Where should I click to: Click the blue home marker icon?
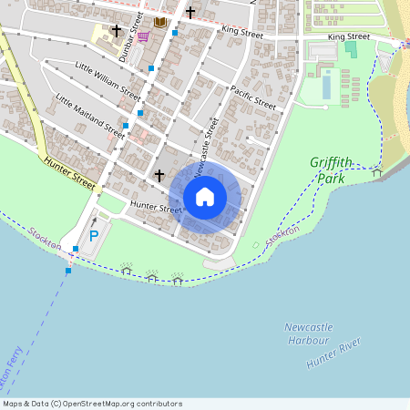205,196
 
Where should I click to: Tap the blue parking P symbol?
94,237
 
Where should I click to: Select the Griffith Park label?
331,170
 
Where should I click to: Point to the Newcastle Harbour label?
307,333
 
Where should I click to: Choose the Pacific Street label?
253,97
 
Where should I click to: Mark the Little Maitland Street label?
90,115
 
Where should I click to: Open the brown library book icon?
160,22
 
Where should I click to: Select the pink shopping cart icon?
143,37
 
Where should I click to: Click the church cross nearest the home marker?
159,174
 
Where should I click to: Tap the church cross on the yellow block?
117,30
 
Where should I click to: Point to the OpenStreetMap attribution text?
92,404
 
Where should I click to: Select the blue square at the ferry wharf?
67,270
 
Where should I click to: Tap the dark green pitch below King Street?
351,48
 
